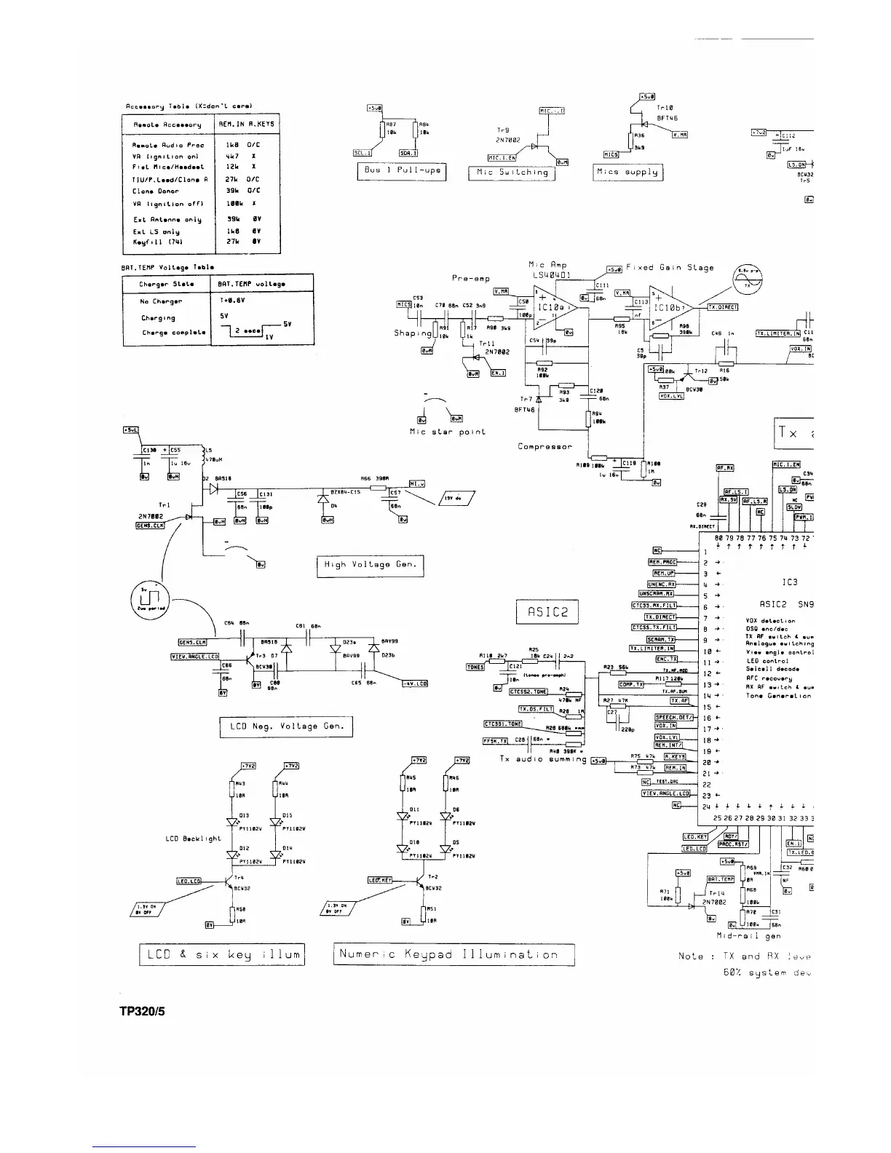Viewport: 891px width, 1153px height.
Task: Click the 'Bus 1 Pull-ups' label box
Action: [401, 173]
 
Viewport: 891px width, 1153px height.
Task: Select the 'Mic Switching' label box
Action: [512, 173]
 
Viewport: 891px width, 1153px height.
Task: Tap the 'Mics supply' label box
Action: [627, 173]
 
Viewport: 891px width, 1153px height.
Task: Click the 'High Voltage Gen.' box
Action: [370, 565]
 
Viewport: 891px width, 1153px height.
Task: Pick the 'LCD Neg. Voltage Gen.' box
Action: [286, 726]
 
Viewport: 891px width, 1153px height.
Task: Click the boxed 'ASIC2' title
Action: [547, 612]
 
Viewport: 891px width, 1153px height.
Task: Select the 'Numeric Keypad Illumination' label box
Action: [454, 954]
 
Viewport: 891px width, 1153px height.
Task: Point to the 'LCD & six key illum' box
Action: [221, 954]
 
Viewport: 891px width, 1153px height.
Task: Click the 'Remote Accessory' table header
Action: [167, 124]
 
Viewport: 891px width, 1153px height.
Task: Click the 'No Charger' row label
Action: [161, 301]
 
